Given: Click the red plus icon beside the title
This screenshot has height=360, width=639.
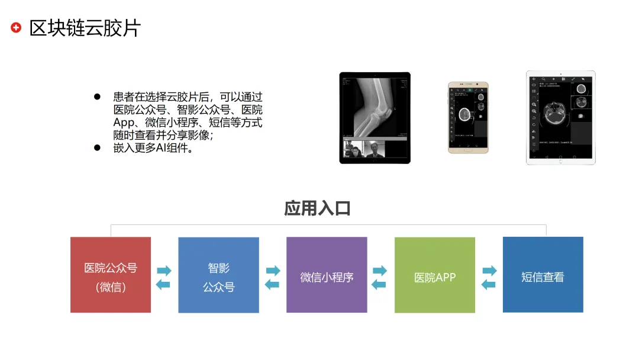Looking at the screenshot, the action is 16,27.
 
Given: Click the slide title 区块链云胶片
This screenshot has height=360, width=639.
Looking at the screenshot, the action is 85,28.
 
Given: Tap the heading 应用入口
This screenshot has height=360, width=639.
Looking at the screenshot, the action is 318,208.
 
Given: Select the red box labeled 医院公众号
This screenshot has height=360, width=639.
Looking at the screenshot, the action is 111,275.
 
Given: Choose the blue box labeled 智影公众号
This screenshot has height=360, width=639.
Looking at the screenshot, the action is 218,275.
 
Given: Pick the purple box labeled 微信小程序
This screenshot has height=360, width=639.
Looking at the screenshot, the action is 327,275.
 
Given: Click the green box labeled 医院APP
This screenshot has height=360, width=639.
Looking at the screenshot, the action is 435,275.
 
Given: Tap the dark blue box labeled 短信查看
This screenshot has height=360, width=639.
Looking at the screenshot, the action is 543,274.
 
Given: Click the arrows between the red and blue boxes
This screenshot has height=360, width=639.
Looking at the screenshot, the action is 164,277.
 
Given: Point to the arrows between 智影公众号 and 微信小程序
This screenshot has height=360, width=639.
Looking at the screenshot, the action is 272,277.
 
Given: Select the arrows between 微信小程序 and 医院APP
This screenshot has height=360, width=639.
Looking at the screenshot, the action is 380,277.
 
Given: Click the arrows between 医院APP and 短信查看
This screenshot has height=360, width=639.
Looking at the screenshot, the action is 489,277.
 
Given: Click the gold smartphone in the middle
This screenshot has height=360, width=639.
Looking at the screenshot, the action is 468,117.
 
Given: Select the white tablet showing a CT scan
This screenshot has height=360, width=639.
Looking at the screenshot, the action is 560,117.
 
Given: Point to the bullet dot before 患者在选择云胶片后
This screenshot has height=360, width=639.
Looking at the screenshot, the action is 98,97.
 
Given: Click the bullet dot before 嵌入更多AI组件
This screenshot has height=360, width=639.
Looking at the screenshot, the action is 98,147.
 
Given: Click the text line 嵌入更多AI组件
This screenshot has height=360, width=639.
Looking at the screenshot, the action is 154,148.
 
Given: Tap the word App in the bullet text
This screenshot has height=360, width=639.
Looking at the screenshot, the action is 123,123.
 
